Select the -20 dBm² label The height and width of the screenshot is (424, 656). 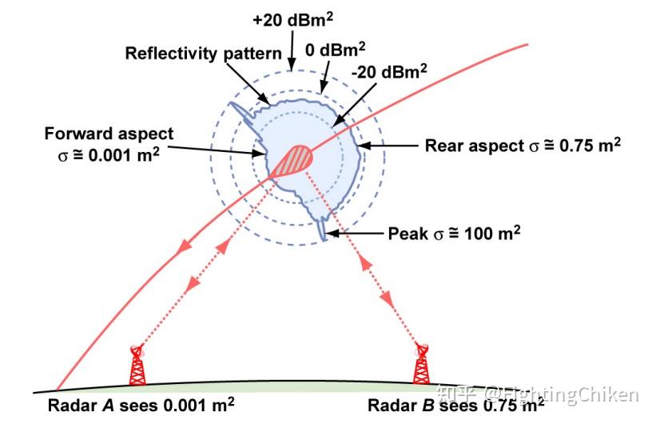[x=389, y=74]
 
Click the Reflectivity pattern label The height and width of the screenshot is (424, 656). [x=204, y=54]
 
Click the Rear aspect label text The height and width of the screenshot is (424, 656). [x=523, y=146]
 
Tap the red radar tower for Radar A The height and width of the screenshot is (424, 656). [x=137, y=366]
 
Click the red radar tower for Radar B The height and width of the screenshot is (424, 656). [x=421, y=366]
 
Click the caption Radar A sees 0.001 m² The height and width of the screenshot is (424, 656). [x=141, y=406]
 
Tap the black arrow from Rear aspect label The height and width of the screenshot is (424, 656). [x=392, y=146]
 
